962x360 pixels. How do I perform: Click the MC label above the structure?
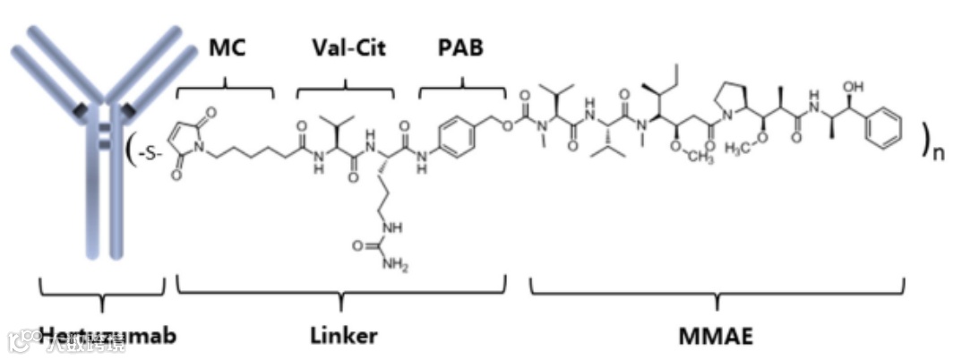click(x=226, y=47)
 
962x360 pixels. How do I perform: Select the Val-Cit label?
click(x=349, y=47)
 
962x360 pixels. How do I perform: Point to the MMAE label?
click(x=717, y=336)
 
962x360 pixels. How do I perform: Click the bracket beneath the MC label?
click(x=226, y=89)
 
